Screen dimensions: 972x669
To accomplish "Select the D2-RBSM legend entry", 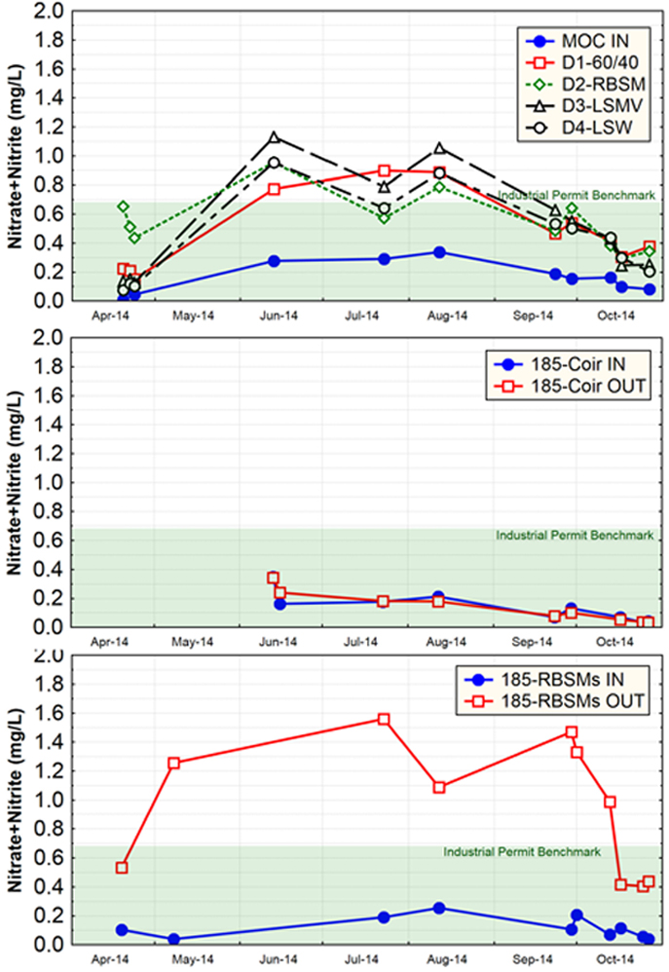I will [588, 84].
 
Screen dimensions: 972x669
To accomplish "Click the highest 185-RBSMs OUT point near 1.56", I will [383, 719].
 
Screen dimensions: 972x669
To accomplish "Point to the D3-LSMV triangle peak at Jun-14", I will [275, 137].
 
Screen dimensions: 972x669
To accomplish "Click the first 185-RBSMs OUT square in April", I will [122, 867].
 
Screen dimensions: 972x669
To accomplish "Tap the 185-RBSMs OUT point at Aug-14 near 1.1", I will [439, 787].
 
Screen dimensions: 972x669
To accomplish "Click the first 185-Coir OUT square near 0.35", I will [274, 578].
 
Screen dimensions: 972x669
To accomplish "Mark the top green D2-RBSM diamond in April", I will [123, 206].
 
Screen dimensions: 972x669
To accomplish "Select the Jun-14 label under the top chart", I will [277, 316].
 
